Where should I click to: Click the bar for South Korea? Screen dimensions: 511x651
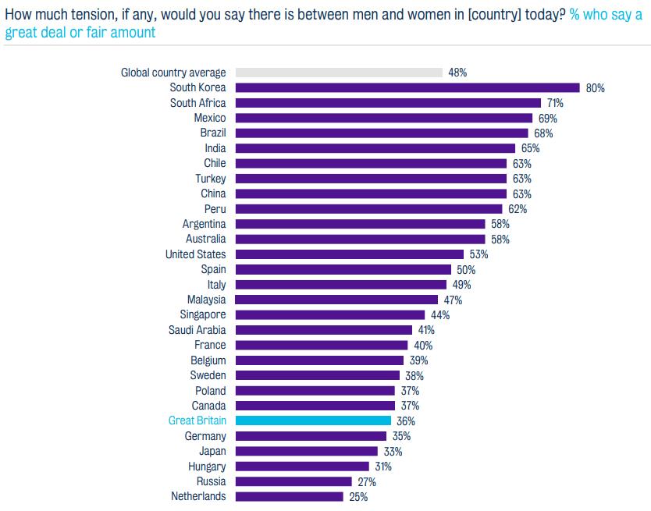click(x=407, y=88)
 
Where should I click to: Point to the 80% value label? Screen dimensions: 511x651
click(x=595, y=88)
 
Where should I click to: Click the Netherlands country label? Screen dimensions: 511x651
click(x=198, y=496)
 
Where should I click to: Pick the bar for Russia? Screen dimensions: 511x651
click(x=293, y=481)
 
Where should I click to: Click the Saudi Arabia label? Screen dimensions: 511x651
click(x=197, y=330)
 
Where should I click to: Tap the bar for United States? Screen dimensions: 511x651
click(x=349, y=254)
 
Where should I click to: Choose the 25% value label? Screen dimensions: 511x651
click(x=358, y=496)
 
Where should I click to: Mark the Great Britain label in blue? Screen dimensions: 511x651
click(x=197, y=421)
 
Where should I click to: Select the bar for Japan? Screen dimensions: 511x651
click(x=306, y=451)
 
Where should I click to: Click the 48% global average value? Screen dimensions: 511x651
click(x=457, y=73)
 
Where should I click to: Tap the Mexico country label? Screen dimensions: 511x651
click(x=210, y=118)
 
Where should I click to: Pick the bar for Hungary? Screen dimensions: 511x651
click(x=302, y=466)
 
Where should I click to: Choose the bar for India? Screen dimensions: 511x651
click(x=375, y=148)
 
